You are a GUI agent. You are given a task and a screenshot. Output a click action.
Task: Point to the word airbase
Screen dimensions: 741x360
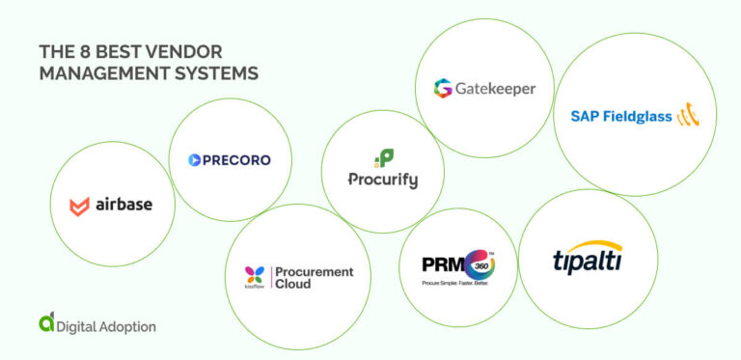tap(123, 205)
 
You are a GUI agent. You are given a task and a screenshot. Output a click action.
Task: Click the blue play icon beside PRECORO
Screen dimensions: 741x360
tap(194, 160)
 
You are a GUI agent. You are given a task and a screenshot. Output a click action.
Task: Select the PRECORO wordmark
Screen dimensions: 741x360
tap(236, 160)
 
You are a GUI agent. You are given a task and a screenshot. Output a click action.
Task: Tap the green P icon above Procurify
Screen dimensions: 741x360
tap(383, 158)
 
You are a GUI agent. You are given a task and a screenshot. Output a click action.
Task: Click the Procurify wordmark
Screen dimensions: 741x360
tap(383, 180)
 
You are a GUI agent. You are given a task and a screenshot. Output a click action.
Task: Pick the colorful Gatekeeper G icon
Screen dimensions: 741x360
tap(443, 89)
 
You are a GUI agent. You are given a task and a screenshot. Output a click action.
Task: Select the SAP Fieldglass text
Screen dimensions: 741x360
tap(620, 117)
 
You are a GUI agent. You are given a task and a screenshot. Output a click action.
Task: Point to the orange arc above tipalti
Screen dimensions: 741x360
tap(602, 244)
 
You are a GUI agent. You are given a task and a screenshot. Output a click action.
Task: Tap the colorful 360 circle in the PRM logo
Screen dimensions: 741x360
tap(480, 263)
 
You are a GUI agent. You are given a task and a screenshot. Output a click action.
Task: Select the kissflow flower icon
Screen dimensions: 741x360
tap(255, 274)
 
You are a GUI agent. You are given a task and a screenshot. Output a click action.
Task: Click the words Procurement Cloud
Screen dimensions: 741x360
tap(314, 278)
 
